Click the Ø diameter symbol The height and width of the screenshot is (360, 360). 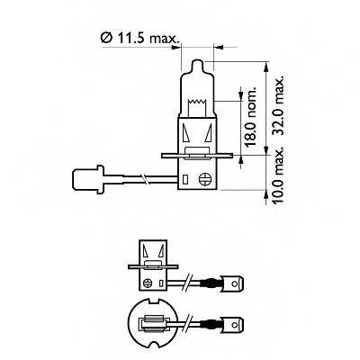click(106, 38)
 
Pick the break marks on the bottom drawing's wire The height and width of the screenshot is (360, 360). click(193, 320)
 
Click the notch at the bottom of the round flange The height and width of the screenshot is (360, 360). click(152, 344)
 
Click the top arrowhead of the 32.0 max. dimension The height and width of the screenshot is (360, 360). click(268, 65)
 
